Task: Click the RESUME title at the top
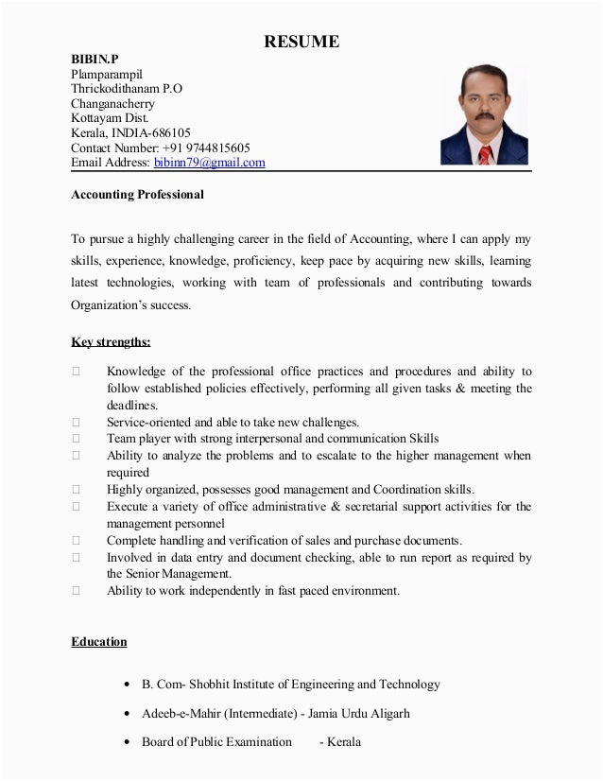click(x=301, y=42)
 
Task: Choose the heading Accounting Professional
click(x=137, y=195)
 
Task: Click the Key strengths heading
click(x=111, y=341)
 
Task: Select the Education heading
click(x=98, y=642)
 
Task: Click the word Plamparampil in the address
click(x=106, y=74)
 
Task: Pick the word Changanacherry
click(x=112, y=103)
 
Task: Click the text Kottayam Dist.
click(x=110, y=118)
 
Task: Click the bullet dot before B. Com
click(x=127, y=685)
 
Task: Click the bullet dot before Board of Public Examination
click(x=127, y=742)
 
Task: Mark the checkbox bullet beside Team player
click(x=75, y=439)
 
